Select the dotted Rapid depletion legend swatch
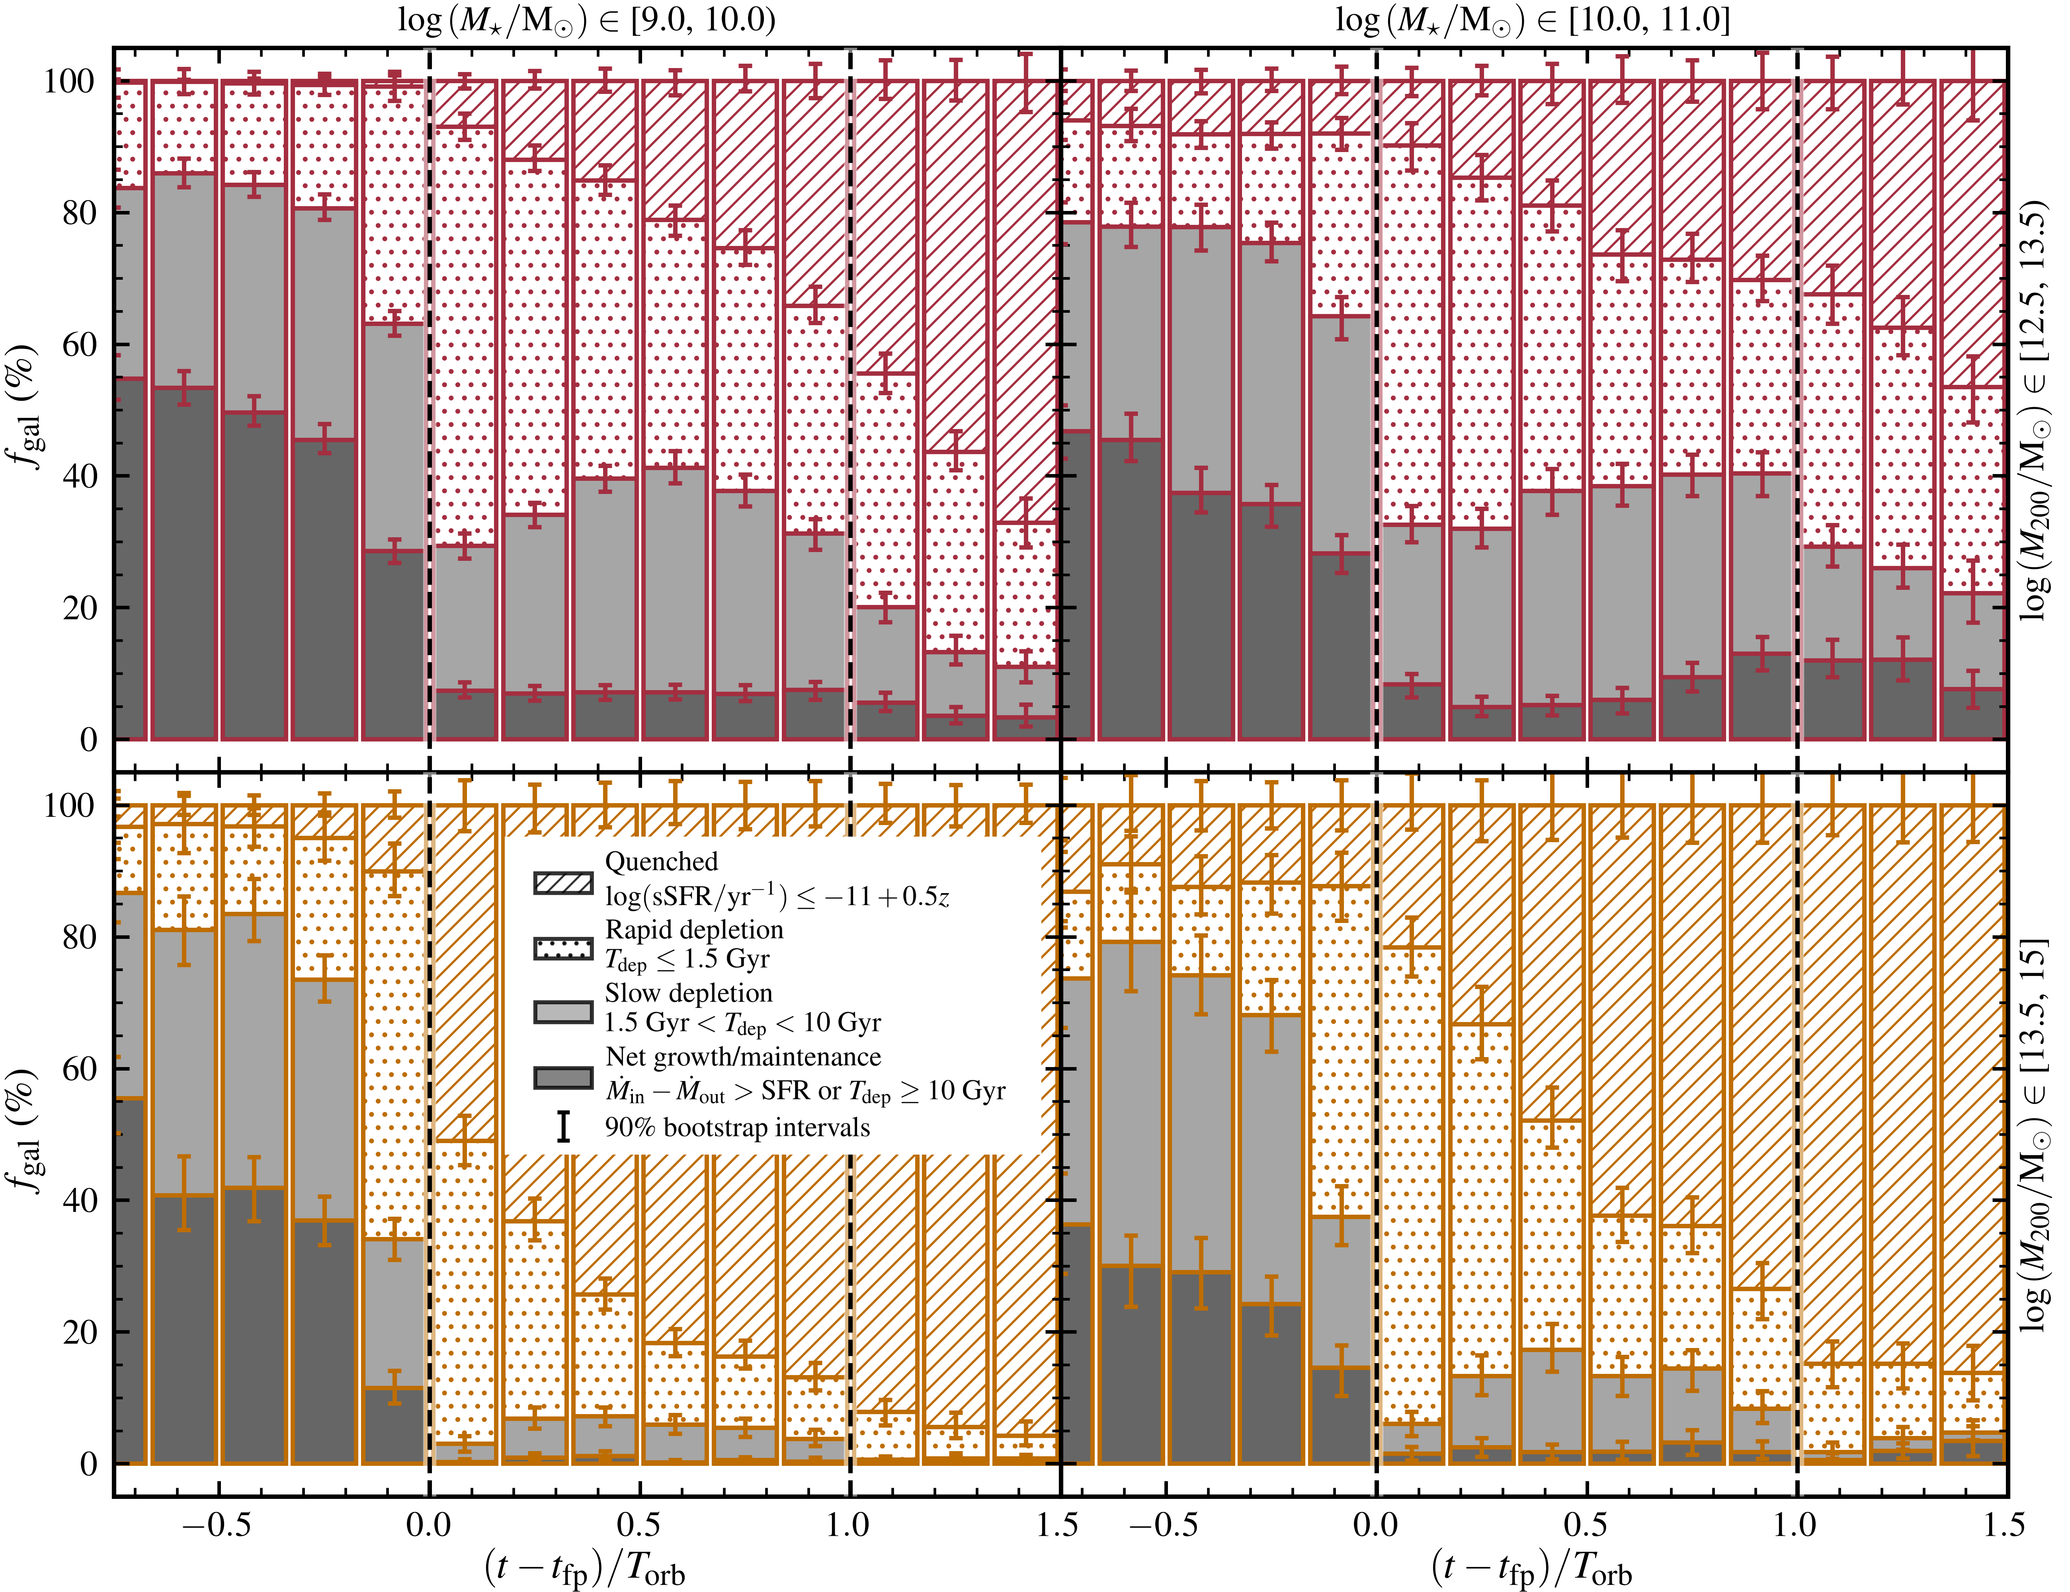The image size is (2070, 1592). (563, 948)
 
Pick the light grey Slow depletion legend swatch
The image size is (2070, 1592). (563, 1011)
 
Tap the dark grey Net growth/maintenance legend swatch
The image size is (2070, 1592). (563, 1077)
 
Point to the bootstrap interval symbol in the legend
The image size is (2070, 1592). (563, 1127)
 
